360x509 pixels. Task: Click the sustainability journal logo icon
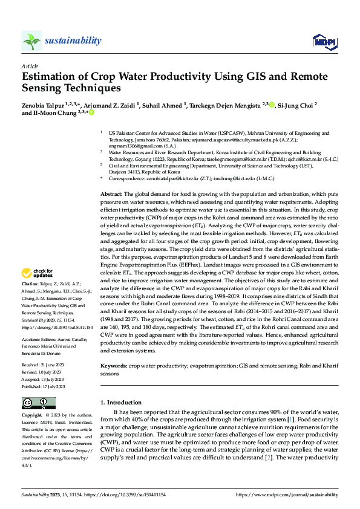(x=31, y=41)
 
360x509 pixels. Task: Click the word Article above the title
(x=29, y=66)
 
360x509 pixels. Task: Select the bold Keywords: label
(x=114, y=366)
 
